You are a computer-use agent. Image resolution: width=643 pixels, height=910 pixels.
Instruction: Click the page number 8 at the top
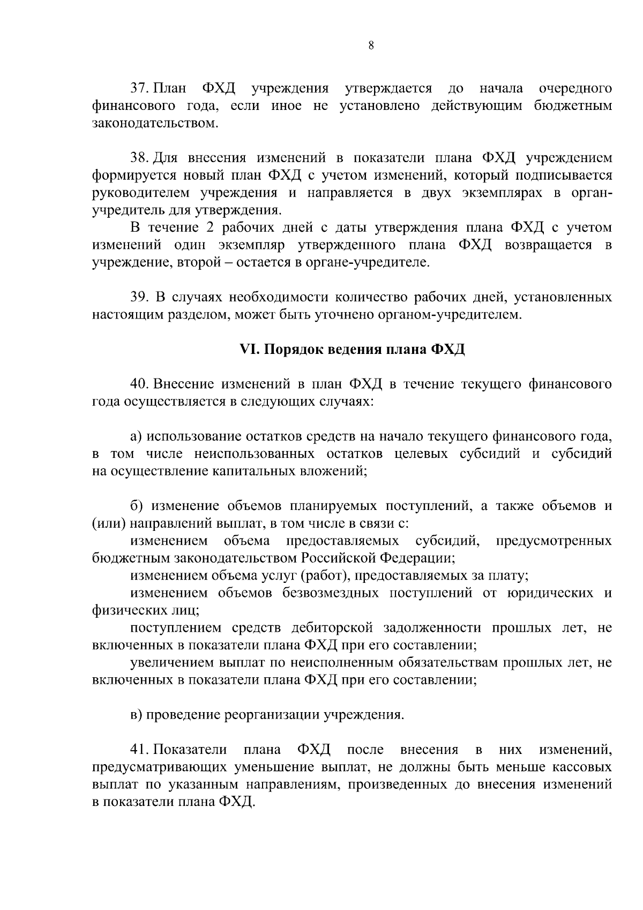pos(371,46)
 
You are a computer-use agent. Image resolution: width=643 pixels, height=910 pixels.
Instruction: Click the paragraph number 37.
pos(140,88)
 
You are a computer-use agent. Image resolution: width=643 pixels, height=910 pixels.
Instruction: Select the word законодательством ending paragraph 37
pos(155,123)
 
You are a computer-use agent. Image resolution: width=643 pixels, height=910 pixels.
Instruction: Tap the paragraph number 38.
pos(140,158)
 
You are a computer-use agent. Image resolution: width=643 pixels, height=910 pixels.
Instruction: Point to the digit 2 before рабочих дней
pos(209,228)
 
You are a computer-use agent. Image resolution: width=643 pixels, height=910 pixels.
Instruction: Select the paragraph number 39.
pos(140,298)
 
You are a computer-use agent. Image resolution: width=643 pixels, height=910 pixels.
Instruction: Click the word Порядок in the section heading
pos(288,350)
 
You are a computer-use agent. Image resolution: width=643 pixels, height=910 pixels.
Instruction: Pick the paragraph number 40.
pos(140,384)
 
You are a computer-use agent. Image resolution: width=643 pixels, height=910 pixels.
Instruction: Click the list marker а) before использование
pos(136,436)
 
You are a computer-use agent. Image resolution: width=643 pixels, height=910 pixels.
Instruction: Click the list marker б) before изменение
pos(136,506)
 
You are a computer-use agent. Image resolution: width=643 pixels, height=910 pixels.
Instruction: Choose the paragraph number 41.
pos(140,750)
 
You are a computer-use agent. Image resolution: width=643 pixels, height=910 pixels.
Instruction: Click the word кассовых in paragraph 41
pos(581,767)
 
